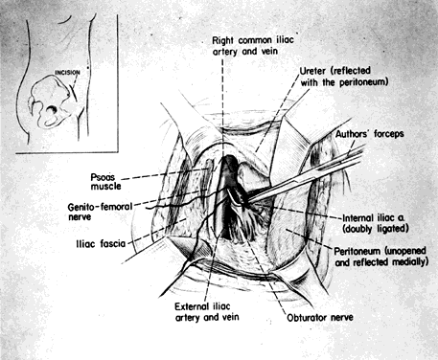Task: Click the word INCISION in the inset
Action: [67, 73]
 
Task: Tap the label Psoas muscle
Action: [106, 182]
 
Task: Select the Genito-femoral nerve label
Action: [100, 212]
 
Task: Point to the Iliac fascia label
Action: [101, 244]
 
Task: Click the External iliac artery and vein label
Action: [207, 312]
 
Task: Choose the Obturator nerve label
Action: [320, 318]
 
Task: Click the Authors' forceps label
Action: [370, 134]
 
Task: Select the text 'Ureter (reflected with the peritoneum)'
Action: [344, 77]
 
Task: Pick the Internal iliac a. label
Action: [374, 218]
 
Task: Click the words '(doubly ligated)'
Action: [376, 229]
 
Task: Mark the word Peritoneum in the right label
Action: [357, 252]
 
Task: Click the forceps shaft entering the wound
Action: [307, 175]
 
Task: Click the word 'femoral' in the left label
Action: [116, 207]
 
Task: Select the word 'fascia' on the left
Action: [113, 244]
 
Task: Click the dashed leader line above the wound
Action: [222, 103]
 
